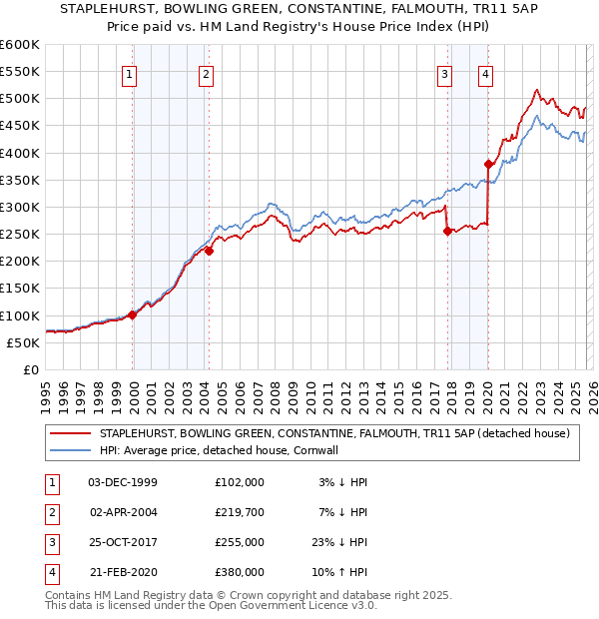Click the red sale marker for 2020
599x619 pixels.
(x=488, y=164)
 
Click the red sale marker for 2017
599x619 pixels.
(x=447, y=232)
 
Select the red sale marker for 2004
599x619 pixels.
(x=209, y=251)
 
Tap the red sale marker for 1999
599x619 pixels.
(x=133, y=314)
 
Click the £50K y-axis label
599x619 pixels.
(x=23, y=342)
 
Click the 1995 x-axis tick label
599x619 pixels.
(x=46, y=391)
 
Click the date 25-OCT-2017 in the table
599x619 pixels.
(x=123, y=543)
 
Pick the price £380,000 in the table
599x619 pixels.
(x=240, y=573)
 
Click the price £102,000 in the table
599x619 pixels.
(x=240, y=481)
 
